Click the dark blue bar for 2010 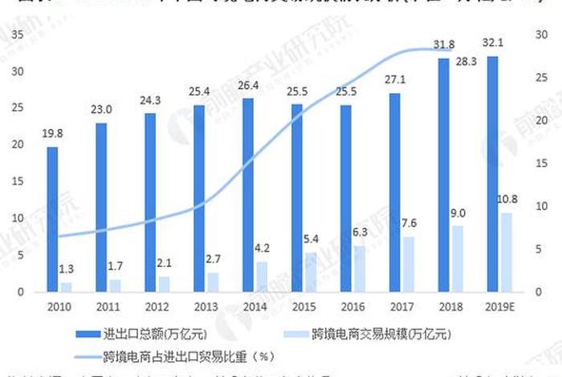(52, 219)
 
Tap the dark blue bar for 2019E (493, 173)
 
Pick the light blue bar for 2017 (409, 264)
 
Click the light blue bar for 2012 (164, 284)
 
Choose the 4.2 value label (263, 248)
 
